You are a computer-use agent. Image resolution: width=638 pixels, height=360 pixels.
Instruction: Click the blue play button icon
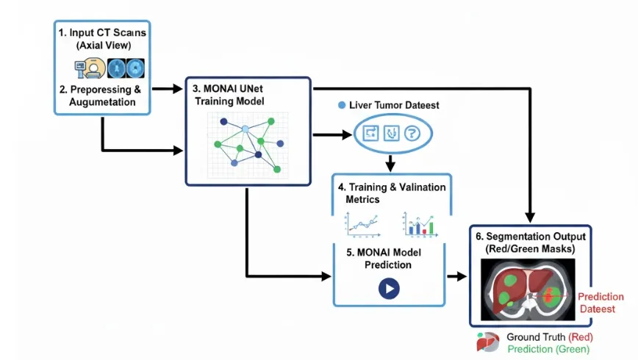389,289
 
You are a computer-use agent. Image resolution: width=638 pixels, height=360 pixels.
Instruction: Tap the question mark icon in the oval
412,133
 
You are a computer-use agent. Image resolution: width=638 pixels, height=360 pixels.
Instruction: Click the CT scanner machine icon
90,68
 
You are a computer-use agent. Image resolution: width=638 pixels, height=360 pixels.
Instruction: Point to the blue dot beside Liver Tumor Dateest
342,105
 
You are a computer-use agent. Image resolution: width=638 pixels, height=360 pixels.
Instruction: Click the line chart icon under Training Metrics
362,224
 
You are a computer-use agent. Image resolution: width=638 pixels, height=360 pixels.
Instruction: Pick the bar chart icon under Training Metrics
420,224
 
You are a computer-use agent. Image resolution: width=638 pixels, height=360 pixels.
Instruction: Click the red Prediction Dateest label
599,303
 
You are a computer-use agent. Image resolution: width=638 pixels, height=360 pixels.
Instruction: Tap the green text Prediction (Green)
548,349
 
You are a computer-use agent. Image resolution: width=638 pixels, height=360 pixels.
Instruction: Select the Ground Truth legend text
536,336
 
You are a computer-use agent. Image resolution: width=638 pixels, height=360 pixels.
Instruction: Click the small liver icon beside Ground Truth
487,342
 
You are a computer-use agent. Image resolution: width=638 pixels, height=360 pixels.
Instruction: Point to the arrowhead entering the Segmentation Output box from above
530,217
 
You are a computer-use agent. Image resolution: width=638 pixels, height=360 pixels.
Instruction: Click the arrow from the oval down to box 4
390,162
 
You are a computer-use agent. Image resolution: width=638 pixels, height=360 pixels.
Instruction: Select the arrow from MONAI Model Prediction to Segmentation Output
456,276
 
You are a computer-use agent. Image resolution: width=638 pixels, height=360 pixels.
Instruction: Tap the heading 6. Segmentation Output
531,237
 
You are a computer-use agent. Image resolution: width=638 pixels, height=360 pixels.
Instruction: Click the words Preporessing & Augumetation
104,96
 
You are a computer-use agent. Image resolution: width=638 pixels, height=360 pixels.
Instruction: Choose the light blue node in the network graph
245,129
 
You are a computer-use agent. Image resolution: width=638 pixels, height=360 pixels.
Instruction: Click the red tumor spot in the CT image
550,295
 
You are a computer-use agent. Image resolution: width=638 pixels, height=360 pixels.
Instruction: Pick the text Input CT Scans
107,32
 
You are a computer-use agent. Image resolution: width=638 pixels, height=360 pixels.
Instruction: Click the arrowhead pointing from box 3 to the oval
347,134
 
